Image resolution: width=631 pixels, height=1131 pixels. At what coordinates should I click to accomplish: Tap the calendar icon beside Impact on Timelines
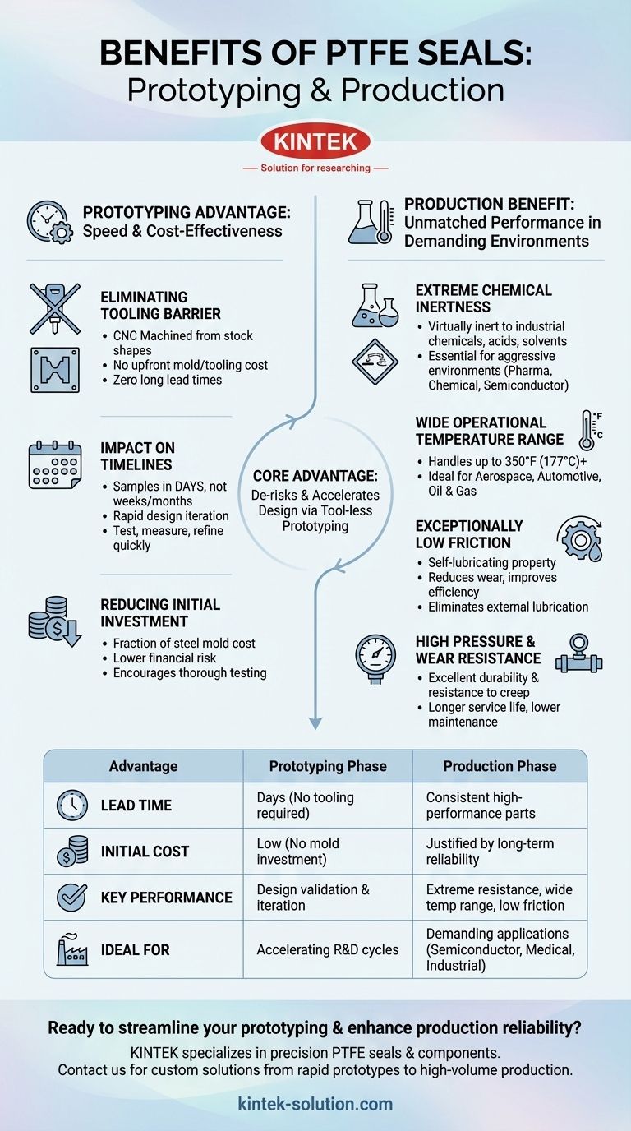[54, 464]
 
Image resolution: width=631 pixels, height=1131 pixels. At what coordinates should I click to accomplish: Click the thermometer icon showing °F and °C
[590, 430]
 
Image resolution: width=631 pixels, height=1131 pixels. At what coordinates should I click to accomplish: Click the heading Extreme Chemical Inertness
[483, 298]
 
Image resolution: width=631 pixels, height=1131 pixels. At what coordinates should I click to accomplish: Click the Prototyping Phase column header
[328, 766]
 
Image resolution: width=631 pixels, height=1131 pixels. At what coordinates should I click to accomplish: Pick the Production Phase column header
[500, 766]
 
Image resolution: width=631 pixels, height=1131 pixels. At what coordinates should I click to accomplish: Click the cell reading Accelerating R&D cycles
[328, 949]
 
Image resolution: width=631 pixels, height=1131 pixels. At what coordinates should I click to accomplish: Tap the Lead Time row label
[136, 806]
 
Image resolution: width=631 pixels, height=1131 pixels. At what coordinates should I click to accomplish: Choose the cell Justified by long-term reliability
[490, 852]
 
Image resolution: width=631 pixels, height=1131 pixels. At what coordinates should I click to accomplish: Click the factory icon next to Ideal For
[72, 949]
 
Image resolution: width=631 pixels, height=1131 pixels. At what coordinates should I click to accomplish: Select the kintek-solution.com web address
[315, 1104]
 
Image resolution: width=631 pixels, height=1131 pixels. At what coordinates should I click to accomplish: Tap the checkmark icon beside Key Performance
[72, 898]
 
